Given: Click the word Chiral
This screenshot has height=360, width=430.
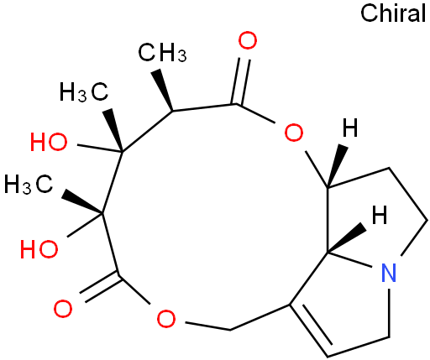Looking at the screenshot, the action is pyautogui.click(x=393, y=13).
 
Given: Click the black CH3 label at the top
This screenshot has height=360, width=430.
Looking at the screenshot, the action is pyautogui.click(x=162, y=52).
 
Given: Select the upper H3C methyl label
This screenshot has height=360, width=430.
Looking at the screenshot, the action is pyautogui.click(x=84, y=91).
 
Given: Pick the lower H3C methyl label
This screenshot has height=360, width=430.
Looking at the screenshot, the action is pyautogui.click(x=29, y=184).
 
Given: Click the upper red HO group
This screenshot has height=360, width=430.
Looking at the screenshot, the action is pyautogui.click(x=49, y=142).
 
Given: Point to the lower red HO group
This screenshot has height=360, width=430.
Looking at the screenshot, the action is pyautogui.click(x=39, y=248).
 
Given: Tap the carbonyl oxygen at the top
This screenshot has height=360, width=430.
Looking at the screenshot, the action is pyautogui.click(x=248, y=41).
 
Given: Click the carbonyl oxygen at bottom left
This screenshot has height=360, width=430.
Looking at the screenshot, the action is pyautogui.click(x=63, y=309).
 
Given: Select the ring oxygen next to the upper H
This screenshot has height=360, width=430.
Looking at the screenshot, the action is pyautogui.click(x=294, y=133).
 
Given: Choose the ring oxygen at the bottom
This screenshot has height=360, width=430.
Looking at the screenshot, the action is pyautogui.click(x=166, y=319).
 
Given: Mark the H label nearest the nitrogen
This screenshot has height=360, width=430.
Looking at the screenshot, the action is pyautogui.click(x=380, y=215).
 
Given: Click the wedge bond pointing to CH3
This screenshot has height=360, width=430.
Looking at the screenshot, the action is pyautogui.click(x=163, y=90).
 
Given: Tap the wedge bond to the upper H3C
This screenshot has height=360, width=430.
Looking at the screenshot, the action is pyautogui.click(x=113, y=130).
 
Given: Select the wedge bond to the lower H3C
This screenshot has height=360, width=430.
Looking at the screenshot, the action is pyautogui.click(x=82, y=202).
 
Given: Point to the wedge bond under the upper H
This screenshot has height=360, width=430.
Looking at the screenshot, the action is pyautogui.click(x=337, y=165).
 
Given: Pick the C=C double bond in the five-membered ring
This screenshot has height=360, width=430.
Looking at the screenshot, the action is pyautogui.click(x=309, y=331).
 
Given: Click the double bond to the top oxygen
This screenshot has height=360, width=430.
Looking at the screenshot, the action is pyautogui.click(x=240, y=81).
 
